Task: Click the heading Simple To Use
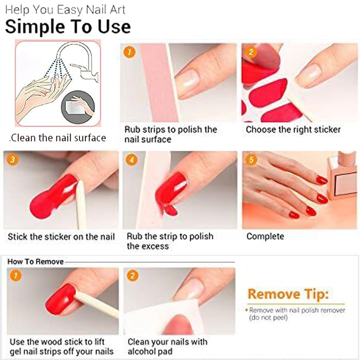click(x=68, y=27)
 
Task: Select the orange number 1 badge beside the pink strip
click(x=129, y=52)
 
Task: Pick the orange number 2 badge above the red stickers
click(x=251, y=52)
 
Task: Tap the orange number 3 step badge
click(x=13, y=159)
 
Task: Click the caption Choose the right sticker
click(x=293, y=130)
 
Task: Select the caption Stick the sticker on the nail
click(x=61, y=237)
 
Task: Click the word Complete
click(x=265, y=237)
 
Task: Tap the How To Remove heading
click(x=35, y=261)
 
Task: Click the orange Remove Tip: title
click(x=288, y=294)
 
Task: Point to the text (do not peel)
click(x=269, y=318)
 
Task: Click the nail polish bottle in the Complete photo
click(x=342, y=176)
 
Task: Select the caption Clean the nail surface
click(x=58, y=138)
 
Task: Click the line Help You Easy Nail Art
click(x=66, y=10)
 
